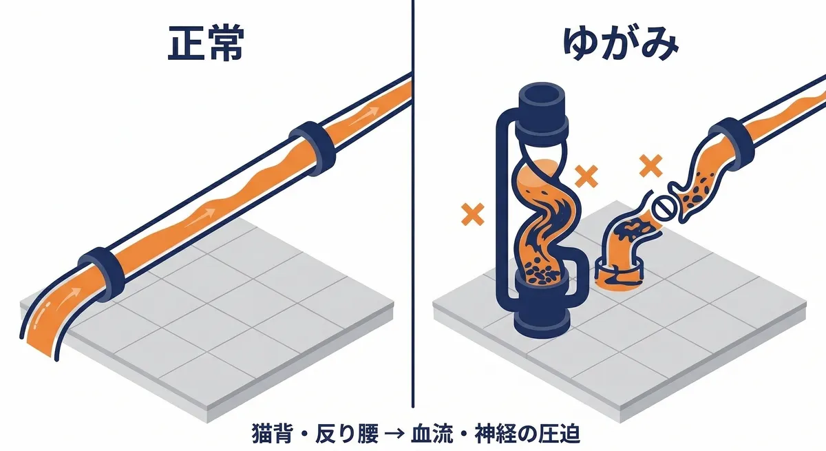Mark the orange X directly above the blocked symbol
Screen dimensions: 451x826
[649, 166]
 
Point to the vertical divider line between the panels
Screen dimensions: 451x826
[413, 207]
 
